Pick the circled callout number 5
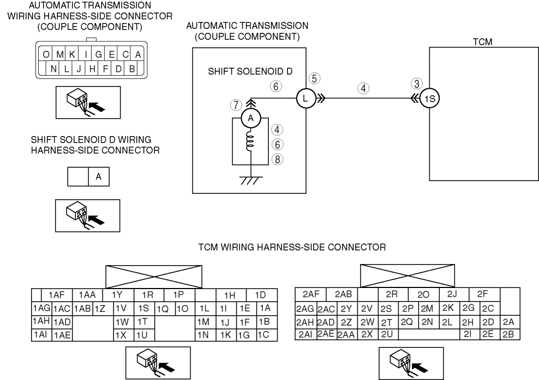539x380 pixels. coord(313,78)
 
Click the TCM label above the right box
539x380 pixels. coord(483,42)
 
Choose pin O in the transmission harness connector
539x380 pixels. coord(47,54)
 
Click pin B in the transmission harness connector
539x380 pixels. coord(131,69)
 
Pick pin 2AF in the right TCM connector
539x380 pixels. coord(310,295)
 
